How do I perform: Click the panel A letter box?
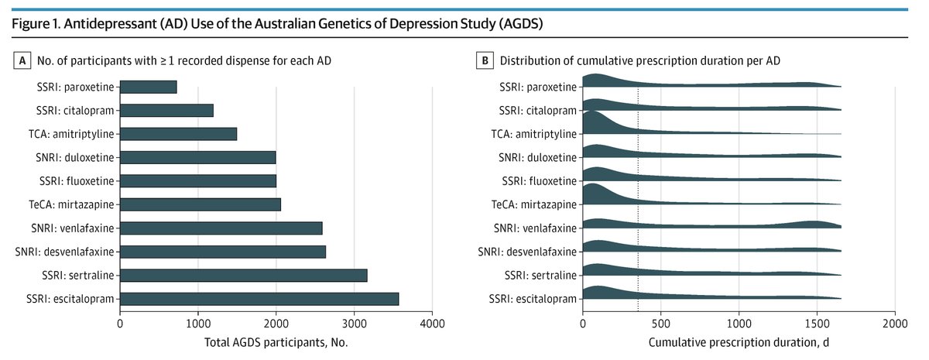pos(22,60)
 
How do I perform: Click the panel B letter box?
pos(485,60)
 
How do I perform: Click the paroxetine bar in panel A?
pos(149,87)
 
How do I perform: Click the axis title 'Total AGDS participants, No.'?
pos(275,341)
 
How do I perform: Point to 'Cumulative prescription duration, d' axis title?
pos(739,341)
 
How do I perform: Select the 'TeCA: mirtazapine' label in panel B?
pos(533,204)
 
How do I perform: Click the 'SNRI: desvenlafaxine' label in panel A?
pos(65,252)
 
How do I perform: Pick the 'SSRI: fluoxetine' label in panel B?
pos(538,181)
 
